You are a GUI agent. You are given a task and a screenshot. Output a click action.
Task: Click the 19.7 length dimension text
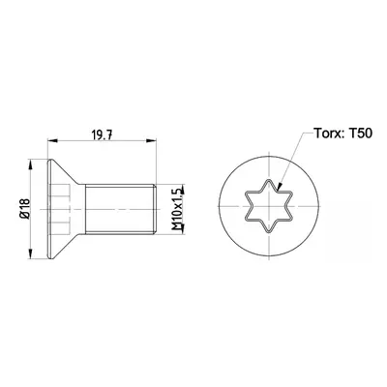(x=103, y=135)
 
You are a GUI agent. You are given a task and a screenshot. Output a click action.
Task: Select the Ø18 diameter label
(x=25, y=209)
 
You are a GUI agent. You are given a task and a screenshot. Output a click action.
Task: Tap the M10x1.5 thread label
(x=177, y=209)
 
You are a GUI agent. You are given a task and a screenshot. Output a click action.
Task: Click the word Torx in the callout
(x=327, y=133)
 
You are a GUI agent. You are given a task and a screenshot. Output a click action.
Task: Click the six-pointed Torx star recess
(x=269, y=206)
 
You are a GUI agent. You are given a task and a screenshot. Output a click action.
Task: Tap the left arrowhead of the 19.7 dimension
(x=52, y=140)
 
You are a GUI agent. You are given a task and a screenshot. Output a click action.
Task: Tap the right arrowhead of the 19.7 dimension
(x=151, y=140)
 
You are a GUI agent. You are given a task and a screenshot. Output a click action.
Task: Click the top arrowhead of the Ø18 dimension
(x=31, y=164)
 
